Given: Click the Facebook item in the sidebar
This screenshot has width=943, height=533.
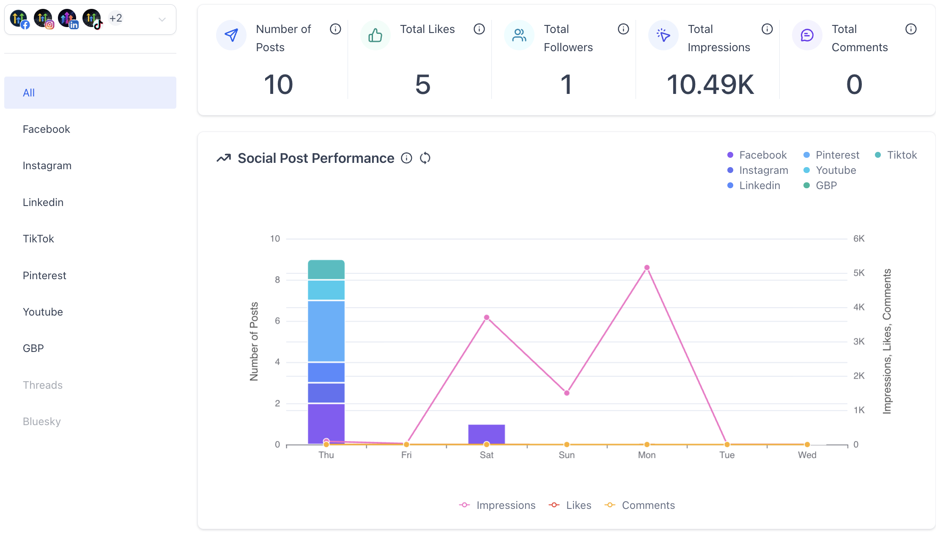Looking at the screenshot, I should pyautogui.click(x=47, y=129).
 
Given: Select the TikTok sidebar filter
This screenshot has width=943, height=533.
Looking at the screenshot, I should pyautogui.click(x=38, y=239).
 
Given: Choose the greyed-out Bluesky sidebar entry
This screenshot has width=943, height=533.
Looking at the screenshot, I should pyautogui.click(x=42, y=421).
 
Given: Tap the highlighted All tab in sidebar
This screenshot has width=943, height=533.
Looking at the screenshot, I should pyautogui.click(x=90, y=93).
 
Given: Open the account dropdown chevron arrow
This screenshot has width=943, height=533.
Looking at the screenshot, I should pyautogui.click(x=162, y=19).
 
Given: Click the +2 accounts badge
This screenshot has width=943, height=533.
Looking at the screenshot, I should pyautogui.click(x=115, y=18).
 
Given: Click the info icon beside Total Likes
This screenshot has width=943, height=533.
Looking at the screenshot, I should pyautogui.click(x=479, y=29).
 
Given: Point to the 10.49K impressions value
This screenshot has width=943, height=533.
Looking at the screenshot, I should pyautogui.click(x=710, y=84).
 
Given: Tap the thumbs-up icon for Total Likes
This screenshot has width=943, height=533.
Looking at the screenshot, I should pyautogui.click(x=375, y=35).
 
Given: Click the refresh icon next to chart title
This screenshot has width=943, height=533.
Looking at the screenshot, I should pyautogui.click(x=425, y=158).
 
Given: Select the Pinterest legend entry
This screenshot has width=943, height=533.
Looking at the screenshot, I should pyautogui.click(x=831, y=155).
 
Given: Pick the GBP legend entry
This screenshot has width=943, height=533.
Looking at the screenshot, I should pyautogui.click(x=820, y=185).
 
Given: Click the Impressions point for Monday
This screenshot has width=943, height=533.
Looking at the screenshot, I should pyautogui.click(x=647, y=267).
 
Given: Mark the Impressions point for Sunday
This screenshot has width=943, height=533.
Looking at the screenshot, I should pyautogui.click(x=567, y=393).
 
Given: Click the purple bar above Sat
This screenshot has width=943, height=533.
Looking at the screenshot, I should pyautogui.click(x=486, y=433).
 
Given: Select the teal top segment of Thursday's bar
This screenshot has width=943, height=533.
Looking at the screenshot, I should pyautogui.click(x=326, y=269).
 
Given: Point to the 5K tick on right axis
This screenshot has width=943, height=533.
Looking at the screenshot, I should pyautogui.click(x=859, y=273).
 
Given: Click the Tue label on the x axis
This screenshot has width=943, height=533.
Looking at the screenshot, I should pyautogui.click(x=727, y=455).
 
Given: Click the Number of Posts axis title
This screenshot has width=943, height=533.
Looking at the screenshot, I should pyautogui.click(x=254, y=341).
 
